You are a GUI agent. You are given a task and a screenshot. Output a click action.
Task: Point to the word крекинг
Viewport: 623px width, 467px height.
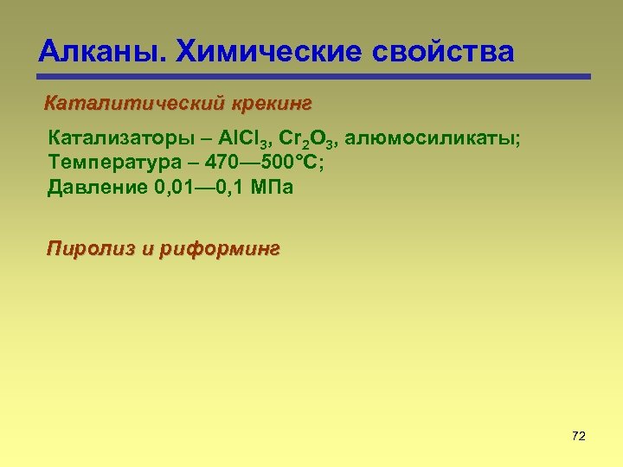[x=272, y=105]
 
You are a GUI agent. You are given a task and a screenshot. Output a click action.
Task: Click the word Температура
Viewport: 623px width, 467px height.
[x=105, y=163]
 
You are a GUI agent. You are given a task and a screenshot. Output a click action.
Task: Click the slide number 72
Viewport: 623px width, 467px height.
[x=579, y=436]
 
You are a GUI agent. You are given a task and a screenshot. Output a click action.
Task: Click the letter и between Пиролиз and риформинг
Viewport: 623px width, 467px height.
[x=145, y=250]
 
